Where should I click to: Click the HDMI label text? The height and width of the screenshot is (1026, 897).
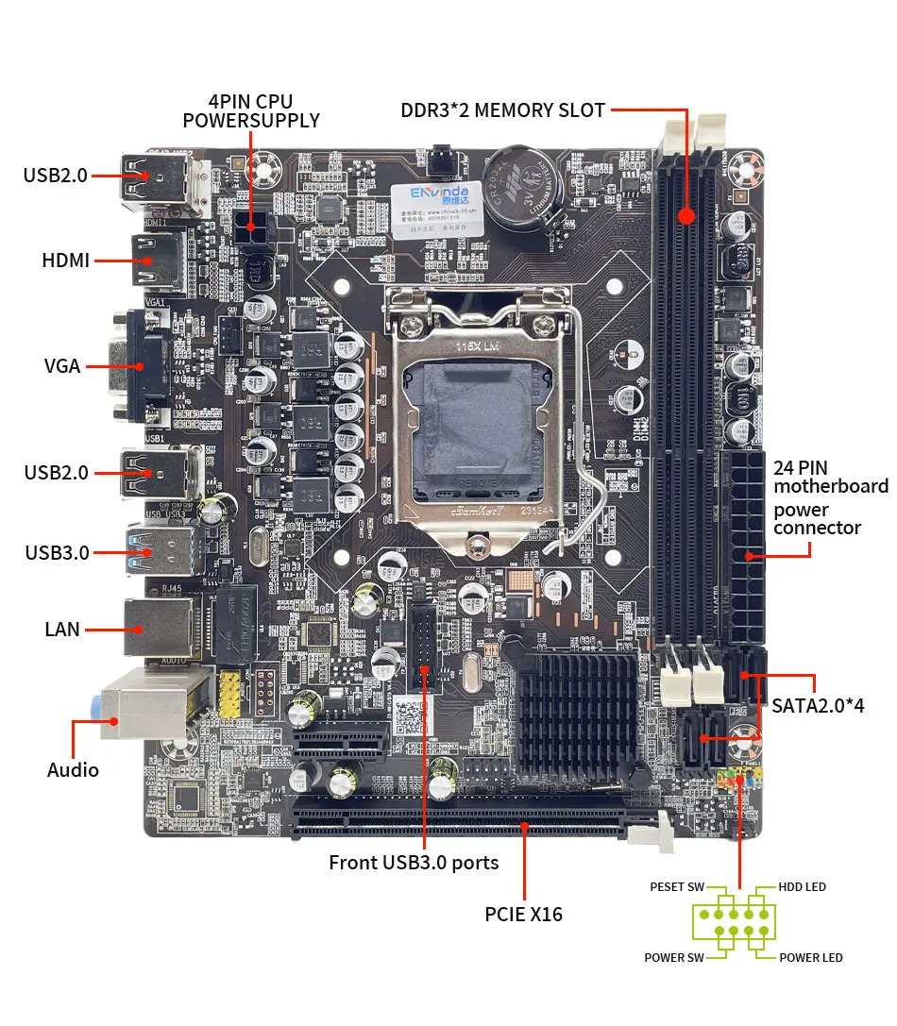tap(65, 260)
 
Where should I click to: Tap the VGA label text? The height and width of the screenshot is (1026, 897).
tap(62, 366)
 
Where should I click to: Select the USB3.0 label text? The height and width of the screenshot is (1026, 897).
tap(58, 552)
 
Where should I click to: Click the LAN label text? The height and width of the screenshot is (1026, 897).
tap(62, 628)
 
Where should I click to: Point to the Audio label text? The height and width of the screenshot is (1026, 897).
tap(73, 770)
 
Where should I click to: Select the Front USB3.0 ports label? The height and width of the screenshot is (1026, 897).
tap(414, 863)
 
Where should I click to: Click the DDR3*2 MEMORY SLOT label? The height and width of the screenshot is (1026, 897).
tap(502, 110)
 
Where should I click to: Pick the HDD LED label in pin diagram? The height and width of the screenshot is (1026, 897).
tap(802, 887)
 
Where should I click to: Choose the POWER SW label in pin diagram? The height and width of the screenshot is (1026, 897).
tap(674, 958)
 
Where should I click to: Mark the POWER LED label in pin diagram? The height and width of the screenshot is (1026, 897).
tap(811, 958)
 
